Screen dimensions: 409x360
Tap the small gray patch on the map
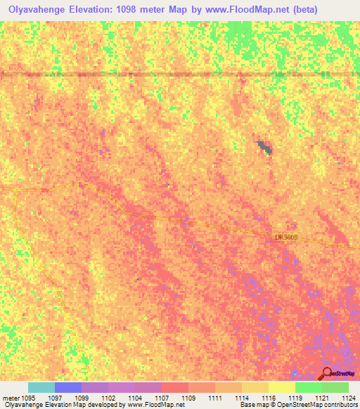[265, 147]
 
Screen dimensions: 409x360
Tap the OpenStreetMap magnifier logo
[327, 373]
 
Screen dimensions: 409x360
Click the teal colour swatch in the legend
[41, 387]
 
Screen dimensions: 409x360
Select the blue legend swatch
[67, 387]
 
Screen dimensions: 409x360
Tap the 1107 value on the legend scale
[161, 398]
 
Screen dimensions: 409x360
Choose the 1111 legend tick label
[214, 398]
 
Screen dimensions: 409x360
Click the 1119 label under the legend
[295, 398]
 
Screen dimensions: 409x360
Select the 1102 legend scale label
[108, 398]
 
